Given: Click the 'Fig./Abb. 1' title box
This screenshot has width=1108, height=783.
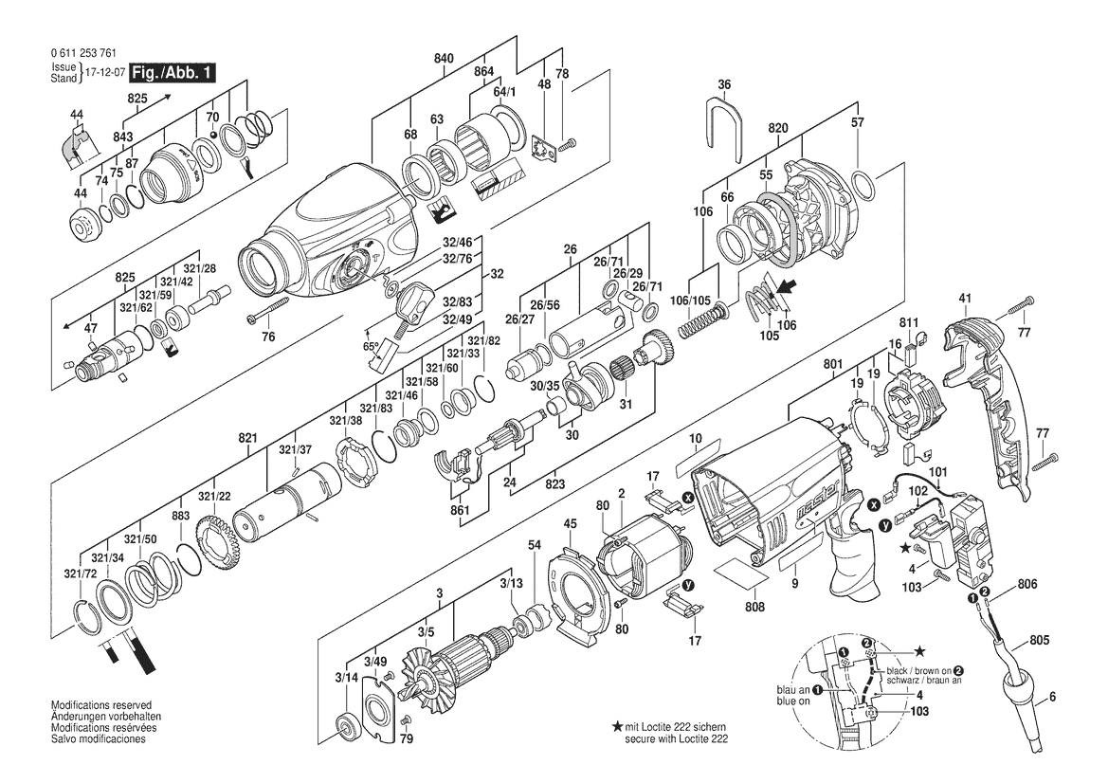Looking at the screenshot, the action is (166, 72).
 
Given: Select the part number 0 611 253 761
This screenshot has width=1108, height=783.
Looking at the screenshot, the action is (84, 53).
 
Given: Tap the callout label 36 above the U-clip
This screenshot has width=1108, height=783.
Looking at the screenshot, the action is (723, 84).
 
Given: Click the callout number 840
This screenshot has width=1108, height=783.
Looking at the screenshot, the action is (444, 59).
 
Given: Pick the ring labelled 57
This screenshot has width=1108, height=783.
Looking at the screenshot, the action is (863, 187).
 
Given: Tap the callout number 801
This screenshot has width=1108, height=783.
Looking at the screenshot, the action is (833, 365).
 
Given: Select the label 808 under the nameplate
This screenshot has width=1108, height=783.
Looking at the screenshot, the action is (754, 607).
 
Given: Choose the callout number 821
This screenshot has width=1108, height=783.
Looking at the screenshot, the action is (247, 438).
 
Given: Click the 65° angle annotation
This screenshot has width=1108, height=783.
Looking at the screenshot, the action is (371, 347).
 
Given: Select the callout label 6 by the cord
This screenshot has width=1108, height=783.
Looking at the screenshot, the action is (1052, 697).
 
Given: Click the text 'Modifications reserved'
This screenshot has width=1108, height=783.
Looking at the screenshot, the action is (101, 705).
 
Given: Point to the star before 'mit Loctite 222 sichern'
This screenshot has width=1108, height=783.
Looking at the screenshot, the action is (617, 726).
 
